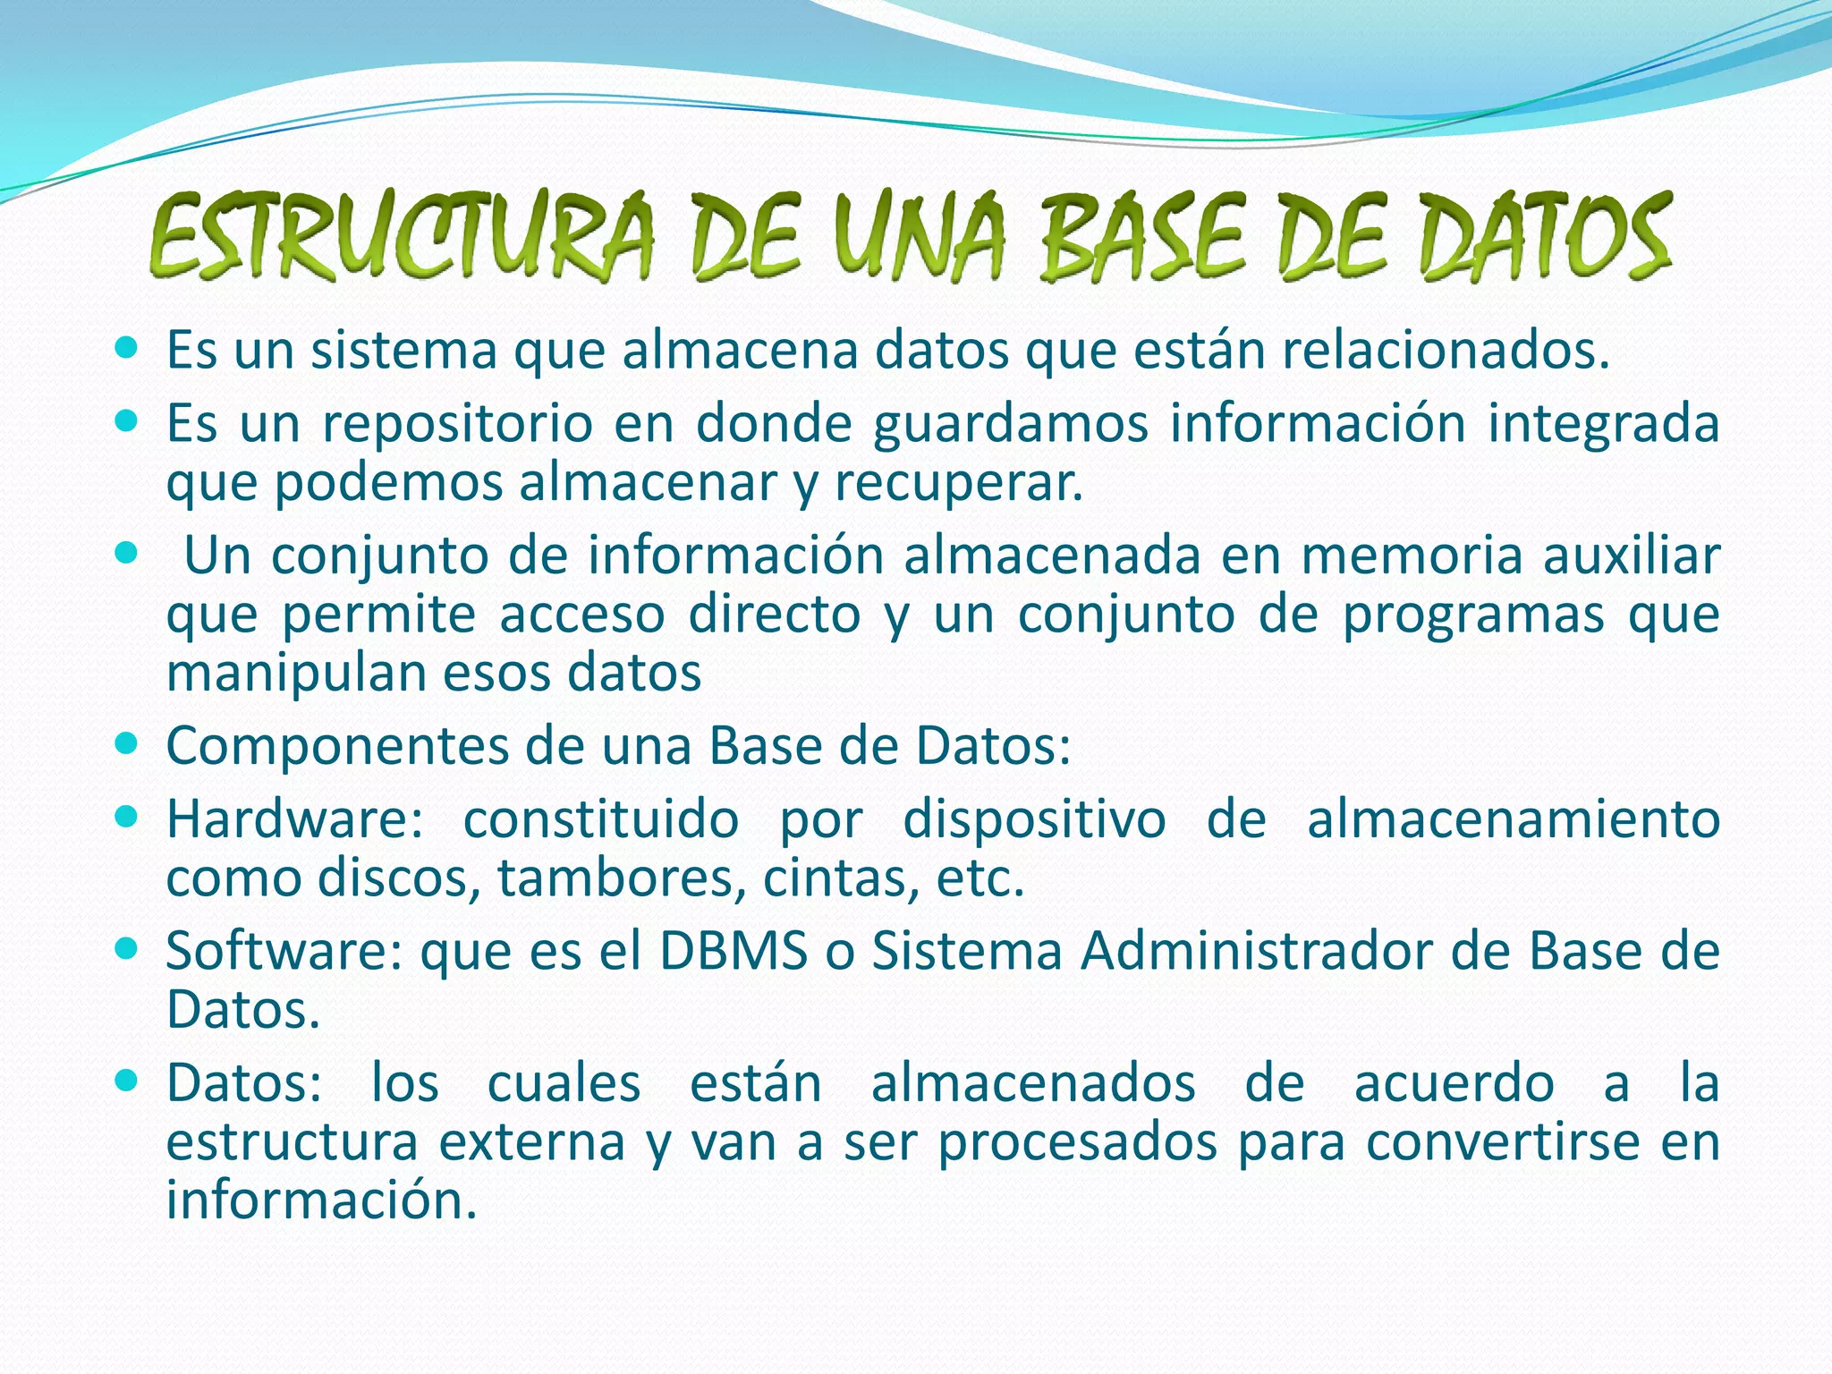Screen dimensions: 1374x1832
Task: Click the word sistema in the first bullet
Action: pos(403,351)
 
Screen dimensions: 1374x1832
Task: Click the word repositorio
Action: pos(457,424)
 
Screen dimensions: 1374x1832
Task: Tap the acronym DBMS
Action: pos(734,951)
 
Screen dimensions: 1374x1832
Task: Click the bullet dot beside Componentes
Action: pos(127,742)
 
